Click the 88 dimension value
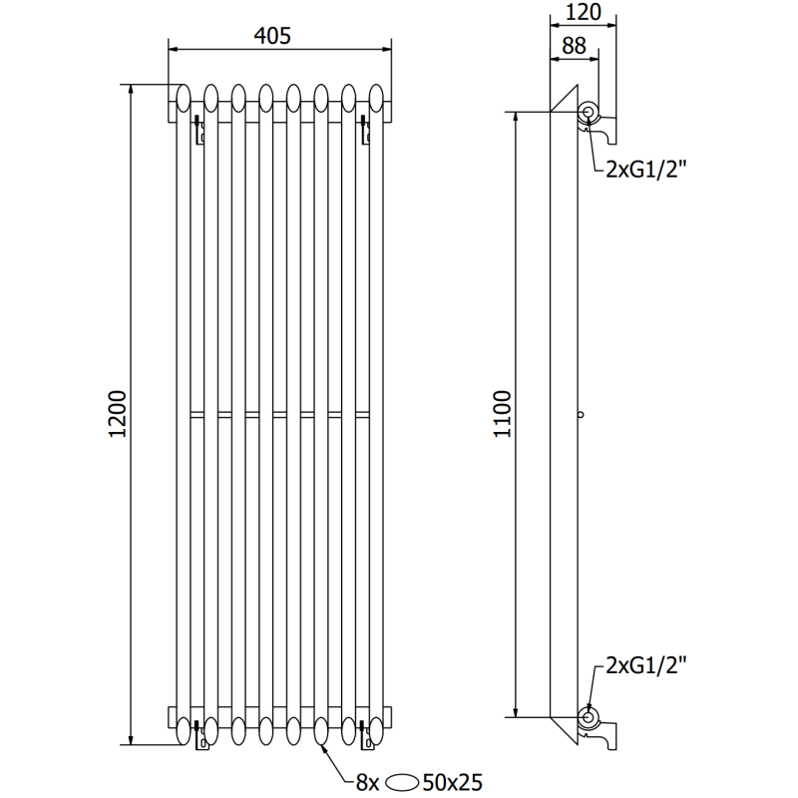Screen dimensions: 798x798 (x=574, y=45)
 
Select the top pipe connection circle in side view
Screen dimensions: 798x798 (x=590, y=113)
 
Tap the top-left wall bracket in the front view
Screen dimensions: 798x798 (x=199, y=130)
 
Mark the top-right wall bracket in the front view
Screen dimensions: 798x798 (x=364, y=130)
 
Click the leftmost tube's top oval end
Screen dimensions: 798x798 (x=184, y=97)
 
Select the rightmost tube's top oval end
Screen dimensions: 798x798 (x=376, y=97)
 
